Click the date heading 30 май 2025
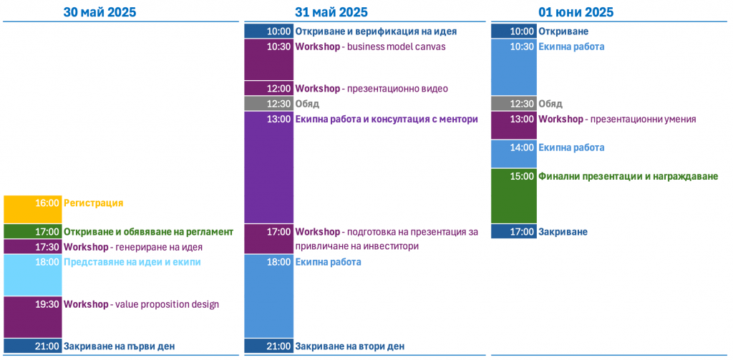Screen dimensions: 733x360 coord(99,12)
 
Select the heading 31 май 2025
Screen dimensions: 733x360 coord(331,12)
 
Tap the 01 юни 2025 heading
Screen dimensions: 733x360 coord(576,12)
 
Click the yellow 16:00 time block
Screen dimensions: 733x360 coord(33,210)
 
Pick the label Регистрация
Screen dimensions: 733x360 coord(94,203)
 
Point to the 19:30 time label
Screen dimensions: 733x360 coord(47,304)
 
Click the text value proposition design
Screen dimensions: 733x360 coord(166,305)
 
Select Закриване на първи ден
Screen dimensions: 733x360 coord(119,346)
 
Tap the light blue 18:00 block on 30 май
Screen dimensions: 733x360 coord(33,275)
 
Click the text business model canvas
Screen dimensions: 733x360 coord(397,47)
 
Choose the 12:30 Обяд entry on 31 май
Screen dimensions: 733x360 coord(306,104)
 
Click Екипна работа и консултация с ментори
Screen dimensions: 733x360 coord(386,120)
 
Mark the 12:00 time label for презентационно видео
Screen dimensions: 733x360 coord(279,88)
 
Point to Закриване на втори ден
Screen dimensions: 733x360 coord(349,346)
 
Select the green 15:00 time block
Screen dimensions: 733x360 coord(514,196)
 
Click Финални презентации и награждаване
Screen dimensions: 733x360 coord(628,177)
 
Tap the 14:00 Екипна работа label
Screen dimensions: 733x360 coord(571,147)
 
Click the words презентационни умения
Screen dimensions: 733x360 coord(644,120)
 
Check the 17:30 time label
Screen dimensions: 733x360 coord(47,246)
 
